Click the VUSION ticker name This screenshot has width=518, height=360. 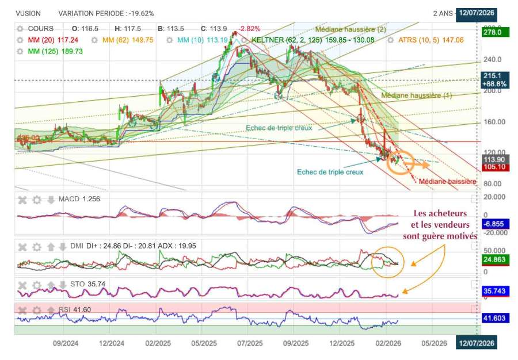coord(28,13)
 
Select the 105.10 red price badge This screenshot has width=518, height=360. coord(492,167)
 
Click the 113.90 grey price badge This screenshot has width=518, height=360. coord(492,159)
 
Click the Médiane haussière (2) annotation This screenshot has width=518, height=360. coord(351,29)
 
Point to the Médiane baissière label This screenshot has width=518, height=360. coord(447,182)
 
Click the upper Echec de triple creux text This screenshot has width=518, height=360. coord(279,128)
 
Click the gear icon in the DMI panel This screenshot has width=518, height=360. coord(37,247)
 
